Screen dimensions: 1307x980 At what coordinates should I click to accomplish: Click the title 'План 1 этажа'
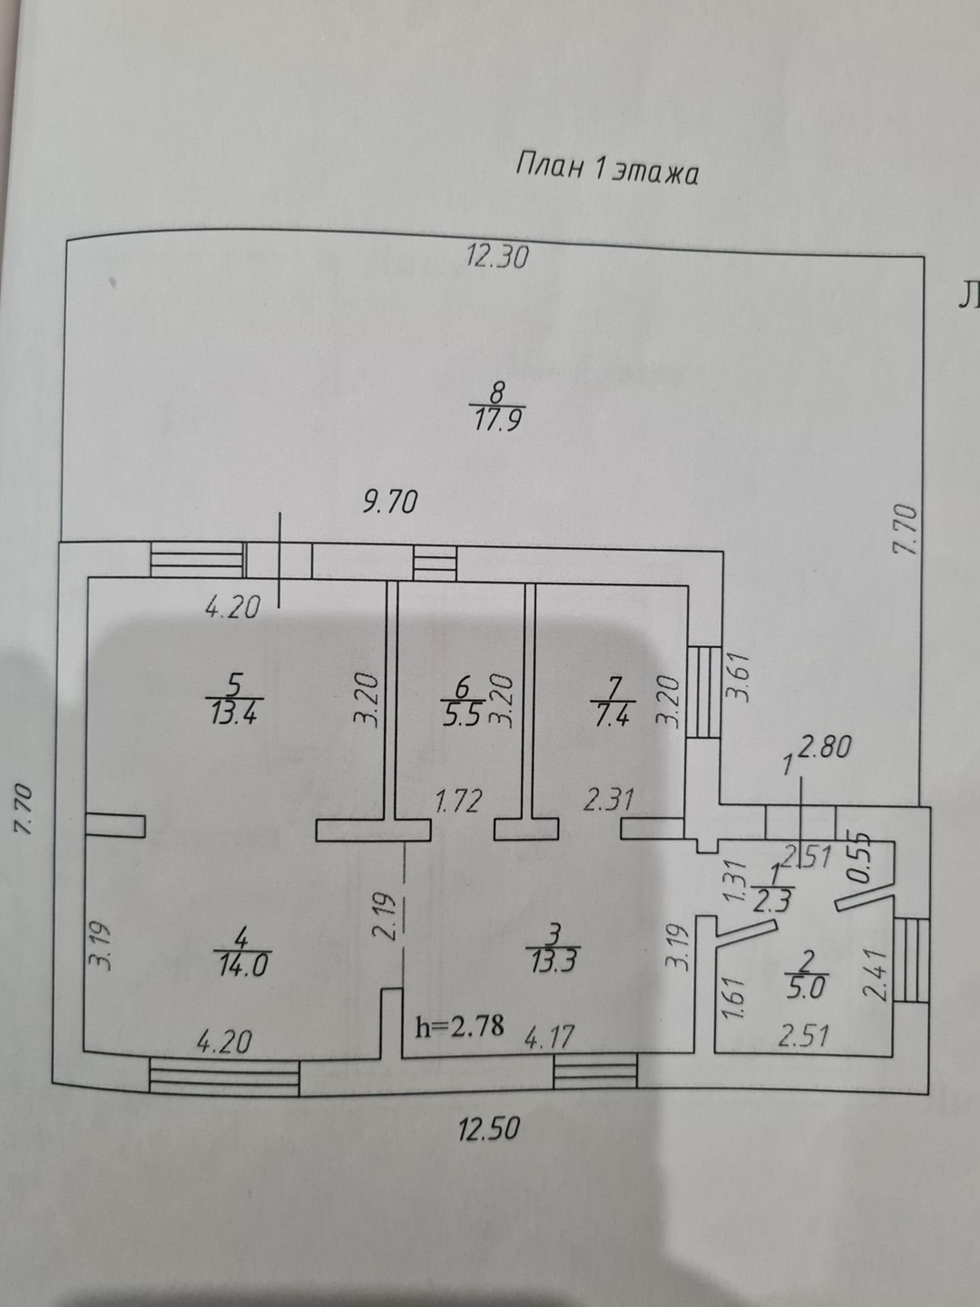click(x=607, y=170)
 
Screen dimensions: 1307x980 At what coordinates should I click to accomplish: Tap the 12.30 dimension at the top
click(x=497, y=257)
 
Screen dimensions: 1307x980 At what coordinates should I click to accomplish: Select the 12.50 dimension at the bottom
click(x=489, y=1128)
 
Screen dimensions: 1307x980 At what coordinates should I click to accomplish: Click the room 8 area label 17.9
click(x=495, y=419)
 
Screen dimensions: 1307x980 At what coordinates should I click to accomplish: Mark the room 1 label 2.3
click(x=773, y=901)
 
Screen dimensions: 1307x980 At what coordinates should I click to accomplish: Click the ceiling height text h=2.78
click(x=459, y=1027)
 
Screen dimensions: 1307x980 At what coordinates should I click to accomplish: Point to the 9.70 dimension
click(x=390, y=501)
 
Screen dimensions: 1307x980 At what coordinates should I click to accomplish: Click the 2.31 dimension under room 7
click(x=608, y=800)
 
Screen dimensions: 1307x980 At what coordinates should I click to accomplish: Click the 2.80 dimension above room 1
click(x=827, y=748)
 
